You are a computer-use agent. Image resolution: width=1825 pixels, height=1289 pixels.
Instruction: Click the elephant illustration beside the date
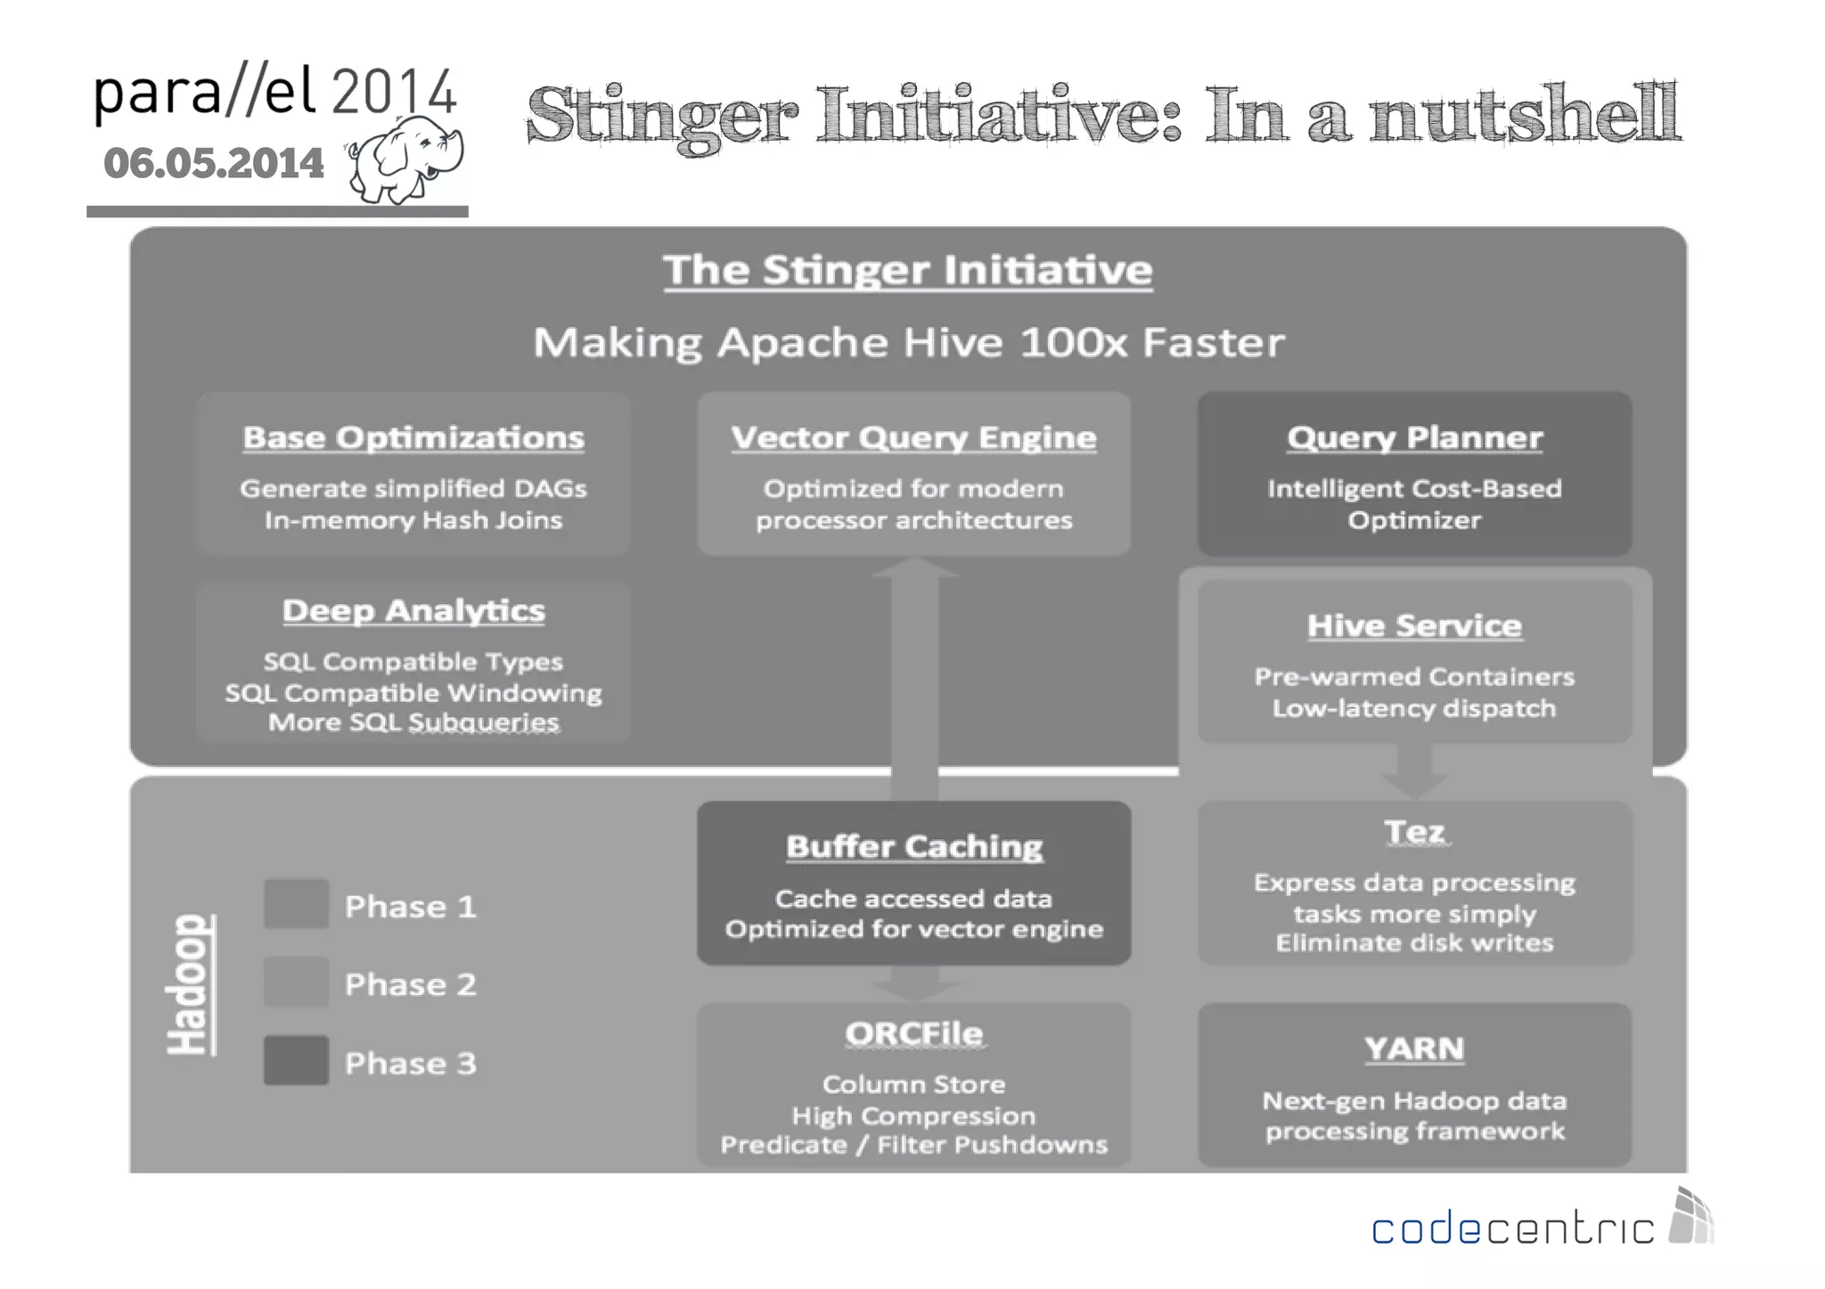[405, 159]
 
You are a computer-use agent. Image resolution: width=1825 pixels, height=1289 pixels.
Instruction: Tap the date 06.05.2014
[214, 164]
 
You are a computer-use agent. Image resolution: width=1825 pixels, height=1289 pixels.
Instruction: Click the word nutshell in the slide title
[1524, 114]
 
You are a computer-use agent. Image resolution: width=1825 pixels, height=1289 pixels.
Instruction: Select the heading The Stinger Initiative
[907, 270]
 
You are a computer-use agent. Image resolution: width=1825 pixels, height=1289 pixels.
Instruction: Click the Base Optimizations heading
[413, 437]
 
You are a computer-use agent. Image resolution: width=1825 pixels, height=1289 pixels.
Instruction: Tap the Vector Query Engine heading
[913, 437]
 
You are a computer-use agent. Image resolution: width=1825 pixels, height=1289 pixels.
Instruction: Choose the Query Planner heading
[1414, 437]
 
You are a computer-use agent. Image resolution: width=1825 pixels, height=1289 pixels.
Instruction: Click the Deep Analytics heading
[413, 611]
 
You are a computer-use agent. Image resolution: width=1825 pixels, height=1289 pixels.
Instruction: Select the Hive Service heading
[1414, 625]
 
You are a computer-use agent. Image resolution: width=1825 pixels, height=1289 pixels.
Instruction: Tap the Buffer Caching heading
[914, 846]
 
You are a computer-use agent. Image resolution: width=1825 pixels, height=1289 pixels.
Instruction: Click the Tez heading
[1414, 832]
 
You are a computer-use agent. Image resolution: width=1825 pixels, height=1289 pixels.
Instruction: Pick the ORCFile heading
[914, 1033]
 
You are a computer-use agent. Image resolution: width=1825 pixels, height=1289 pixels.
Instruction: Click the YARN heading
[1414, 1048]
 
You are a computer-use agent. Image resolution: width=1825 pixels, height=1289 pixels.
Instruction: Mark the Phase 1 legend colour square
[296, 904]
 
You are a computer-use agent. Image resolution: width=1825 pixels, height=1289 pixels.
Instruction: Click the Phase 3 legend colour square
[296, 1060]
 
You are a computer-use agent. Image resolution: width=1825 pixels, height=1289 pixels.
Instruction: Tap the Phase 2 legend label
[411, 984]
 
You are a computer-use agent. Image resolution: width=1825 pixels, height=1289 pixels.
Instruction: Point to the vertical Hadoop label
[190, 984]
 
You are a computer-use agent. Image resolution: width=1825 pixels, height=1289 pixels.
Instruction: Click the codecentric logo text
[1512, 1229]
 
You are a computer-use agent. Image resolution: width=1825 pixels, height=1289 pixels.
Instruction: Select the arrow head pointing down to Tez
[1414, 785]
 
